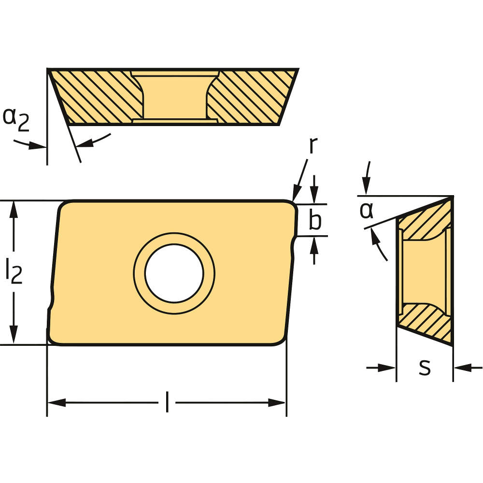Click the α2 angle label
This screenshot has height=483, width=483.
16,119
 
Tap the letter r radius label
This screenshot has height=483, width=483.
313,145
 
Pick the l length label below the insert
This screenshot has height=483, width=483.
167,402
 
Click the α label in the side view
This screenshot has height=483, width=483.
367,211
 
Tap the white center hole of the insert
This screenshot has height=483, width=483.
174,273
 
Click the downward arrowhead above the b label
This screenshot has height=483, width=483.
314,197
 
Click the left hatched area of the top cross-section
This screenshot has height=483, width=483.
97,97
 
